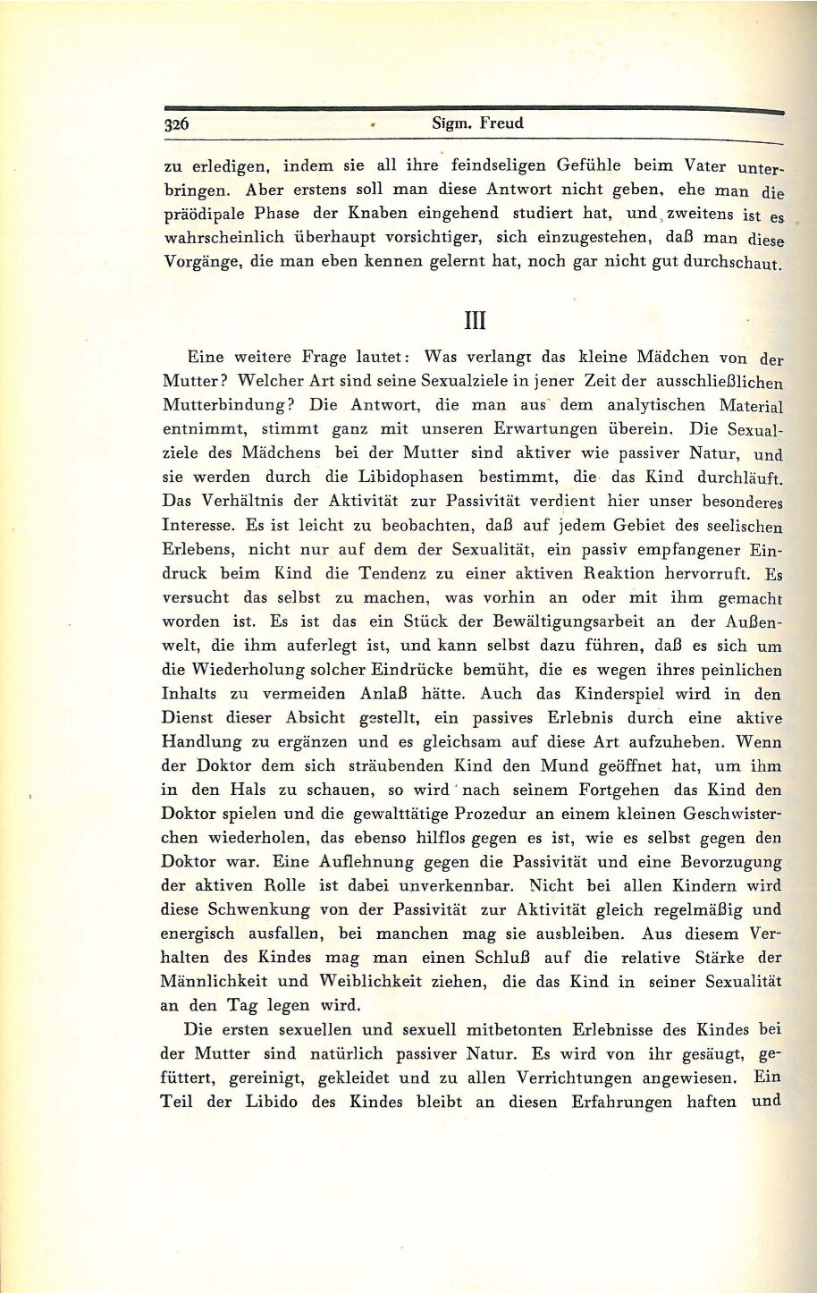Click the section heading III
pos(474,319)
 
